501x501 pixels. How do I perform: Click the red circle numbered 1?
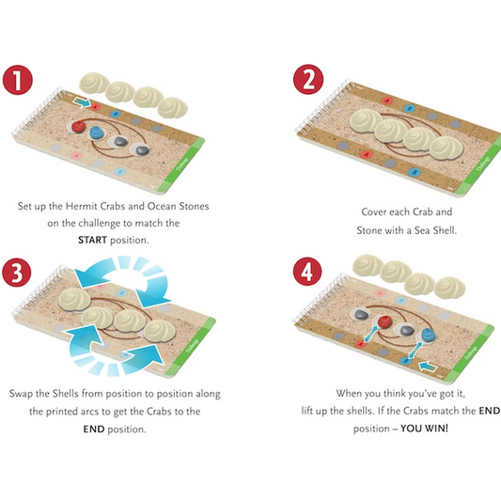click(x=18, y=80)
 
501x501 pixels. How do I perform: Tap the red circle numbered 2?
click(x=308, y=79)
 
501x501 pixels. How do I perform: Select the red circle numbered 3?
click(x=17, y=273)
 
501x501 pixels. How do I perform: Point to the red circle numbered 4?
click(x=307, y=273)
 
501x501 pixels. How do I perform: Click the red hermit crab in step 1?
click(x=78, y=126)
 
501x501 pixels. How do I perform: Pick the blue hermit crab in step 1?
click(x=97, y=133)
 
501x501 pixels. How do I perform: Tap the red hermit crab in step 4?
click(x=384, y=321)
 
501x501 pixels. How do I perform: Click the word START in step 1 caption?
click(x=93, y=240)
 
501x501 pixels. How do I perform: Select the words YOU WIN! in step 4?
click(x=425, y=428)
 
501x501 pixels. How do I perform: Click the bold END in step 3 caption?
click(x=94, y=429)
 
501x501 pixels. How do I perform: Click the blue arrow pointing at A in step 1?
click(x=82, y=102)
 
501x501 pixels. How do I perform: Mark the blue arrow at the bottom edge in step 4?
click(x=428, y=367)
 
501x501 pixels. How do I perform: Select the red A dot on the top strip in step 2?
click(x=387, y=101)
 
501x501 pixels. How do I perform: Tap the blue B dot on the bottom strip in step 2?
click(x=415, y=173)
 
